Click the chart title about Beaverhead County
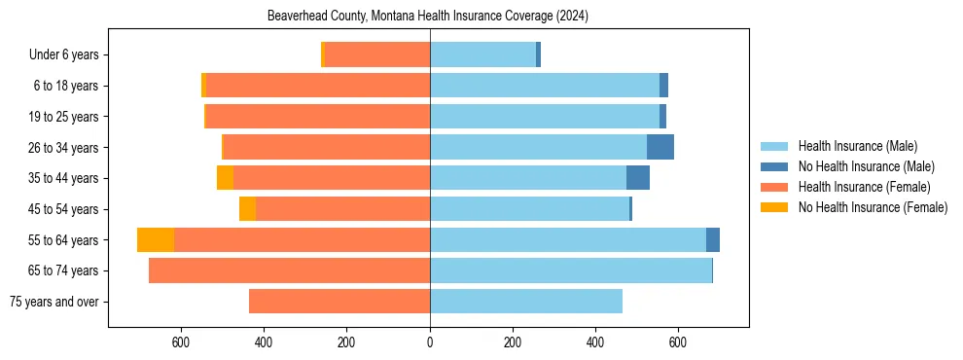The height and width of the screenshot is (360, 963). [428, 17]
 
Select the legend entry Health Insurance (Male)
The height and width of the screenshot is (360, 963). [857, 146]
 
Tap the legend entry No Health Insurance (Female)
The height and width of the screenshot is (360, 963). [873, 207]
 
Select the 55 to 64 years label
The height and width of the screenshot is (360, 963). [63, 240]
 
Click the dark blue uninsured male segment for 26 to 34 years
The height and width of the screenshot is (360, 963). [660, 147]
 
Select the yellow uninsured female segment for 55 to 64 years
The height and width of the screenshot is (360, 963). [156, 240]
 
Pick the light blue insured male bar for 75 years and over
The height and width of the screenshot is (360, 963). [525, 302]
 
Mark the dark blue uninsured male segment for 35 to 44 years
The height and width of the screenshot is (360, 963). [637, 178]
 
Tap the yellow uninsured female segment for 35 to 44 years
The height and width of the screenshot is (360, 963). [225, 178]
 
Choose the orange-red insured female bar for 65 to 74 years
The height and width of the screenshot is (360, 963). [289, 270]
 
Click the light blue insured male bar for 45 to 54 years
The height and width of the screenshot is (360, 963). [529, 209]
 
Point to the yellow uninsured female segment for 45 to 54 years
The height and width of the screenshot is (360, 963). [247, 209]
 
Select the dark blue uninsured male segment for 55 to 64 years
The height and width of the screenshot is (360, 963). [712, 240]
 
